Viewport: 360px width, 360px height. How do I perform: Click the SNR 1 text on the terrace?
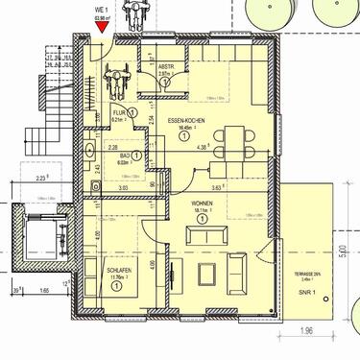(x=306, y=291)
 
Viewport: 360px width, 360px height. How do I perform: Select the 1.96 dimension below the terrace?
(x=306, y=332)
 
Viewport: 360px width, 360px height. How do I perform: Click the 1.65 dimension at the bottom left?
(x=43, y=287)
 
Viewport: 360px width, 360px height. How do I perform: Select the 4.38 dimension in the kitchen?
(x=201, y=148)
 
